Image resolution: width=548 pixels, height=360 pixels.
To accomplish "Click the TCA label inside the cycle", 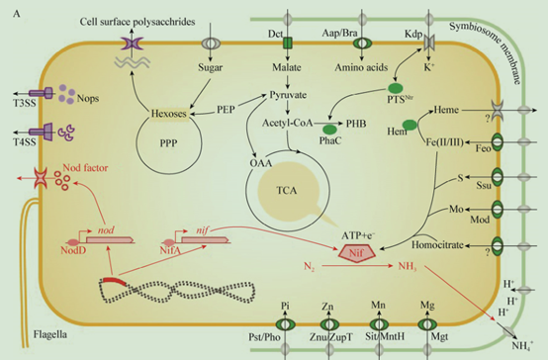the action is [287, 191].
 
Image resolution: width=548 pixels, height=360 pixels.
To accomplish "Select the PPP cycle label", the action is [168, 143].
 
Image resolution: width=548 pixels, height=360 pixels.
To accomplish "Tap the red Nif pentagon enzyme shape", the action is [356, 252].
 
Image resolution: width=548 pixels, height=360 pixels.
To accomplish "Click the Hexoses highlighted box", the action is [169, 114].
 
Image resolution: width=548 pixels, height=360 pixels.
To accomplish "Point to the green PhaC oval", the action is [329, 130].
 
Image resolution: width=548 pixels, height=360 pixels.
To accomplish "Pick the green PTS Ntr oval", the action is [396, 88].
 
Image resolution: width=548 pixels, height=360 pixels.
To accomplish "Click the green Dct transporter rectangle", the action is [287, 43].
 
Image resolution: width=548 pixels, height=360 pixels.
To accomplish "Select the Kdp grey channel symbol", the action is [429, 43].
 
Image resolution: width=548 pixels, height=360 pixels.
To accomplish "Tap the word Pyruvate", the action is [288, 95].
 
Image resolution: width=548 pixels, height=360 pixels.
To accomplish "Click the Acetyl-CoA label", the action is [287, 123].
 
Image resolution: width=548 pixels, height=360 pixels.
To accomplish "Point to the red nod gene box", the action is [110, 239].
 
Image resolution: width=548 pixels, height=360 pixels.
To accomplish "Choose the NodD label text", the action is [73, 250].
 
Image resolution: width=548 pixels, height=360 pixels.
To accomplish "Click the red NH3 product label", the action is [408, 267].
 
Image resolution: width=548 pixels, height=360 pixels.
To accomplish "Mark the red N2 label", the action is [309, 267].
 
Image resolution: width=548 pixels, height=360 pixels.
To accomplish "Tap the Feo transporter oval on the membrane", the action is [497, 142].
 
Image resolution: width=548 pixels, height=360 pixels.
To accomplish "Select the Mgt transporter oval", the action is [426, 324].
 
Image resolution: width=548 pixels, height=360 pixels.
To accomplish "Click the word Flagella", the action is [50, 334].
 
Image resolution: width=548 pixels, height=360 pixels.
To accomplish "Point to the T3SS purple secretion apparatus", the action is [41, 93].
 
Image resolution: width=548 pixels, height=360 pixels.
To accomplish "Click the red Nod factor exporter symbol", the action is [41, 178].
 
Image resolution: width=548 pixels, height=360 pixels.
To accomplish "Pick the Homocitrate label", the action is [437, 244].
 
